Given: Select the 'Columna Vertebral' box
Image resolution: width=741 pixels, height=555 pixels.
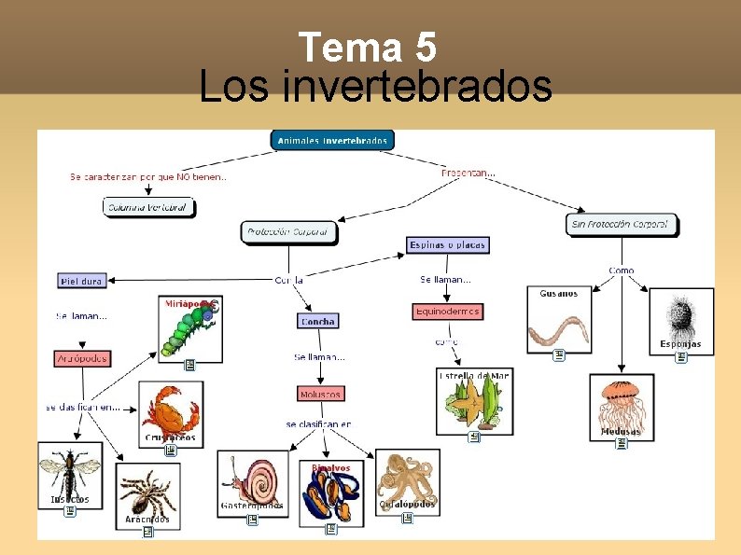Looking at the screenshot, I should [x=148, y=206].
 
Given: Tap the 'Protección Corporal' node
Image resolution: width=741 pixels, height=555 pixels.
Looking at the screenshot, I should [x=289, y=232].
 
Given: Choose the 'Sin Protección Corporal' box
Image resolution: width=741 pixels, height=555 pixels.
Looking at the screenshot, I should [x=622, y=224].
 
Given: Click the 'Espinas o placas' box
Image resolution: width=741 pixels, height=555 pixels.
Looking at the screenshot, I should [x=448, y=245].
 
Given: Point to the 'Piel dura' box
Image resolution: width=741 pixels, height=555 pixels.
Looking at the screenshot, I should [x=82, y=280].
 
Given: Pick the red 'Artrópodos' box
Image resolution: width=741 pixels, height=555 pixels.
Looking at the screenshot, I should [x=82, y=358].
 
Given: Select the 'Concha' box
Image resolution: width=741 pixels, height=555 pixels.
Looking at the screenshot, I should [x=317, y=321].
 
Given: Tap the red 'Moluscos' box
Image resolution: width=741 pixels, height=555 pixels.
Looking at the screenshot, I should [x=320, y=394].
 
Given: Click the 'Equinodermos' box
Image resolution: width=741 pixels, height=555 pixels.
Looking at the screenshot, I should [x=448, y=311].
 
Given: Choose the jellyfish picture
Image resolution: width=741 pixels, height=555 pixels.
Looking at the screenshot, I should [x=621, y=403].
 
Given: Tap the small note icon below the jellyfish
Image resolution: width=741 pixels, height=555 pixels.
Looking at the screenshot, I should [x=621, y=446].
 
